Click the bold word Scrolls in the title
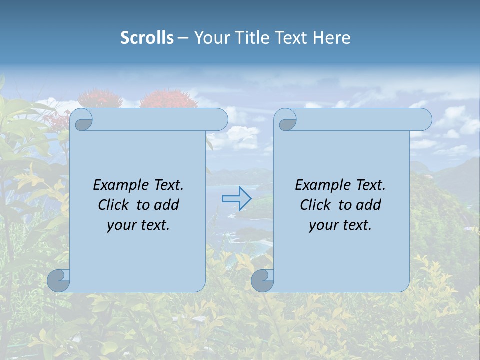tap(147, 38)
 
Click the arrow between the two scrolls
tap(237, 199)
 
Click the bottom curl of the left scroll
tap(58, 281)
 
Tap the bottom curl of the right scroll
tap(262, 281)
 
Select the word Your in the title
tap(210, 38)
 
